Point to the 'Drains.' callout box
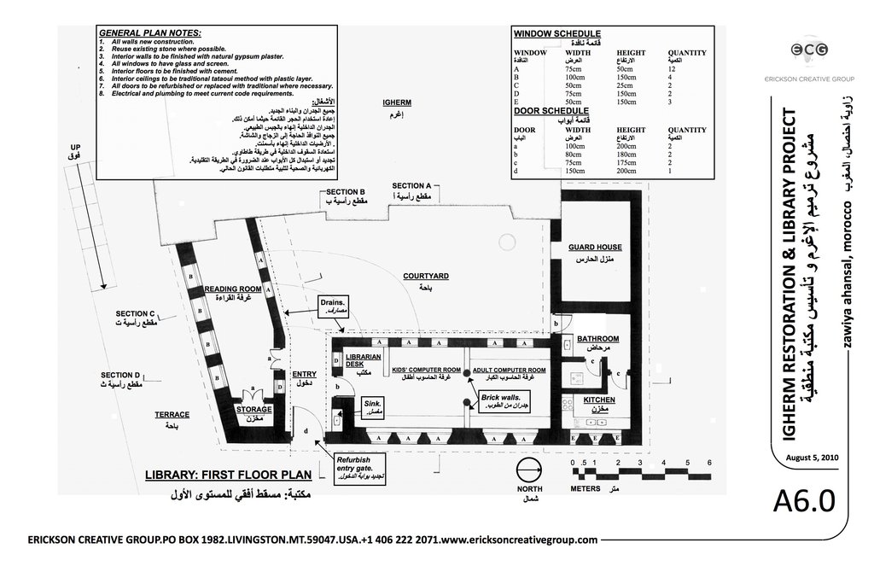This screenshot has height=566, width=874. point(333,307)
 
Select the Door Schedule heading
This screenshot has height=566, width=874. point(551,111)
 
